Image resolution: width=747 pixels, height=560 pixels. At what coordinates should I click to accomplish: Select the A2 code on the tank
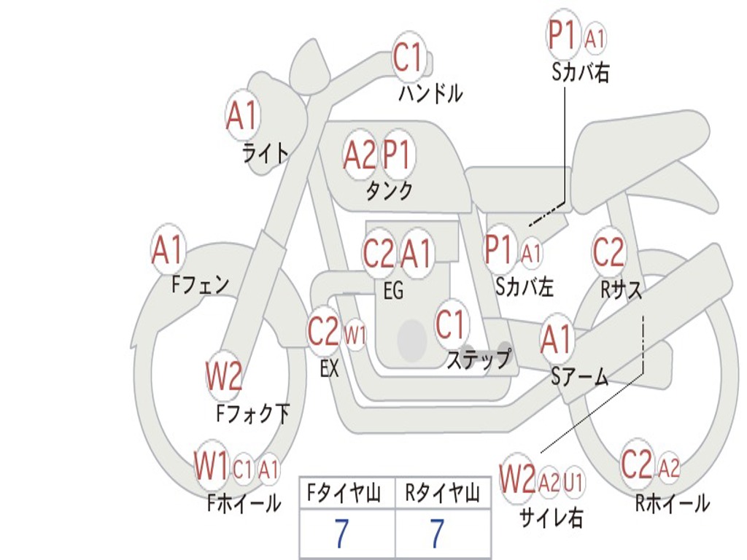pos(360,155)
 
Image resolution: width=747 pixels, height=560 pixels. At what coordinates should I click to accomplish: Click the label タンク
pos(389,191)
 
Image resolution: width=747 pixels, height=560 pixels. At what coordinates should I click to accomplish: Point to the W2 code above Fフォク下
pos(223,377)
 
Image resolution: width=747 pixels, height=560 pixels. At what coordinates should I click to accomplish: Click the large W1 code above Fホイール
pos(212,467)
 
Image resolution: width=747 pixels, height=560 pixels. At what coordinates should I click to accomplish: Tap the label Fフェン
pos(201,284)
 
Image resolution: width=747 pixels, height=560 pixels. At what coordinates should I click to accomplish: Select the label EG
pos(393,291)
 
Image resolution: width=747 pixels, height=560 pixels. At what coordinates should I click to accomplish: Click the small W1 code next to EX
pos(355,336)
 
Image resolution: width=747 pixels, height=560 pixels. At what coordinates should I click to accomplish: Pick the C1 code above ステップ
pos(451,324)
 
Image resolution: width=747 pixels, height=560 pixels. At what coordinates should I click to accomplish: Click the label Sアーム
pos(579,377)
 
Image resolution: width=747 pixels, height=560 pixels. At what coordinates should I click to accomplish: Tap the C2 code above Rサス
pos(608,252)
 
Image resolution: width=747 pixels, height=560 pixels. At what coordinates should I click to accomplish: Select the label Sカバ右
pos(581,73)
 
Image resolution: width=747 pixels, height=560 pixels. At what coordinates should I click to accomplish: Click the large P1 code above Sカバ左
pos(500,250)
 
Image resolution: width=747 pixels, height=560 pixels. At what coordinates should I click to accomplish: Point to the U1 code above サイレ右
pos(573,482)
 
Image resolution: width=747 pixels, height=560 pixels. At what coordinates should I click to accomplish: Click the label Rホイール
pos(672,503)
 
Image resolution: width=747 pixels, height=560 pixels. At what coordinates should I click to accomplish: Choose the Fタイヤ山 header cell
pos(347,494)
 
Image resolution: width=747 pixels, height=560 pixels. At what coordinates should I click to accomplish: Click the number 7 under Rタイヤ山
pos(436,534)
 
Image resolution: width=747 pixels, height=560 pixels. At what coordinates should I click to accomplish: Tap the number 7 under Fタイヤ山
pos(341,534)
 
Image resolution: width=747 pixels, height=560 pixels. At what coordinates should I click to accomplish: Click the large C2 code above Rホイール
pos(637,464)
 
